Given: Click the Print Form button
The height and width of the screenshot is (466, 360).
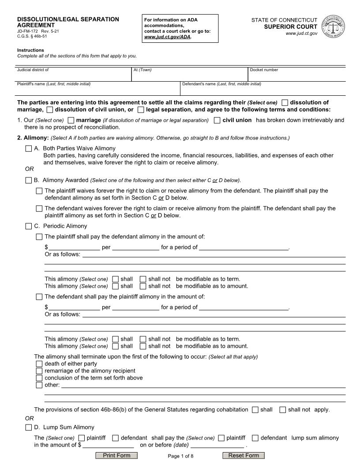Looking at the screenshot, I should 116,455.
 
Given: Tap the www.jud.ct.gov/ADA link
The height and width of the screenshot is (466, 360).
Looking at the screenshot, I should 168,37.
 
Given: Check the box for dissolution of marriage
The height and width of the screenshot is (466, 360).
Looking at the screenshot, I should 285,103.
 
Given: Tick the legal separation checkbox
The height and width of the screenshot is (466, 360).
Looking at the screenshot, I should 141,109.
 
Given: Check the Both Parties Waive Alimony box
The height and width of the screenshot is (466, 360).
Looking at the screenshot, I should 29,148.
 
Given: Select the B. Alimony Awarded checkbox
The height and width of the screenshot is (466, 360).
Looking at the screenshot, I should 29,180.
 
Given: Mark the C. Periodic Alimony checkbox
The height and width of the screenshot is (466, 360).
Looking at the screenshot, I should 29,226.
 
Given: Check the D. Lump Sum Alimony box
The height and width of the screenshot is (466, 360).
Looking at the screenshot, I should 29,427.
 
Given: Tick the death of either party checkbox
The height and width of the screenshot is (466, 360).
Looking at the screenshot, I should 39,364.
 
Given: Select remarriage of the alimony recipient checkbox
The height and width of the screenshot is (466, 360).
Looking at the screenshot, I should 39,371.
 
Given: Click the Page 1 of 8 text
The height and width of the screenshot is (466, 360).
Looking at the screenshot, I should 180,456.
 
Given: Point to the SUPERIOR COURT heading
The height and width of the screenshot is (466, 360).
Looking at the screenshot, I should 296,27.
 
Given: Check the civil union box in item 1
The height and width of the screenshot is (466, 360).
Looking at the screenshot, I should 217,120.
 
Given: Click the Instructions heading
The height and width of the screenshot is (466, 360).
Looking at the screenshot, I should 30,50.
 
